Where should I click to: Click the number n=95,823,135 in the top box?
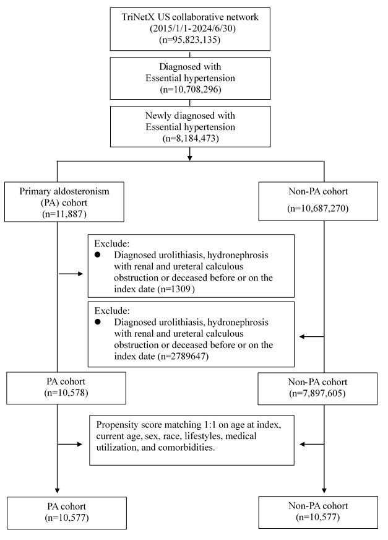pyautogui.click(x=190, y=40)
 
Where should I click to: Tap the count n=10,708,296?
pyautogui.click(x=191, y=90)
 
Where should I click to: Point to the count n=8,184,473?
pyautogui.click(x=191, y=139)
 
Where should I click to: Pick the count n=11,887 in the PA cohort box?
pyautogui.click(x=64, y=214)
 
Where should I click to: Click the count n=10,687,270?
pyautogui.click(x=318, y=208)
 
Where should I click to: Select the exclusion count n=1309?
pyautogui.click(x=176, y=289)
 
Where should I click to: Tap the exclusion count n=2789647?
pyautogui.click(x=183, y=356)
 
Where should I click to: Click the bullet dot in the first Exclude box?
pyautogui.click(x=98, y=255)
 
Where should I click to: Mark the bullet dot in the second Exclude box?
pyautogui.click(x=98, y=321)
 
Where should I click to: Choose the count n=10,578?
pyautogui.click(x=66, y=393)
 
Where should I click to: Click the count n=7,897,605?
pyautogui.click(x=317, y=393)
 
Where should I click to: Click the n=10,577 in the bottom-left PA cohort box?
pyautogui.click(x=67, y=518)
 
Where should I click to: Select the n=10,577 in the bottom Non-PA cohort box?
pyautogui.click(x=318, y=517)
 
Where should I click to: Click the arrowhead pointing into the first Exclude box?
pyautogui.click(x=81, y=274)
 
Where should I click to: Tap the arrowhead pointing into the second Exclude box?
pyautogui.click(x=301, y=336)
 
